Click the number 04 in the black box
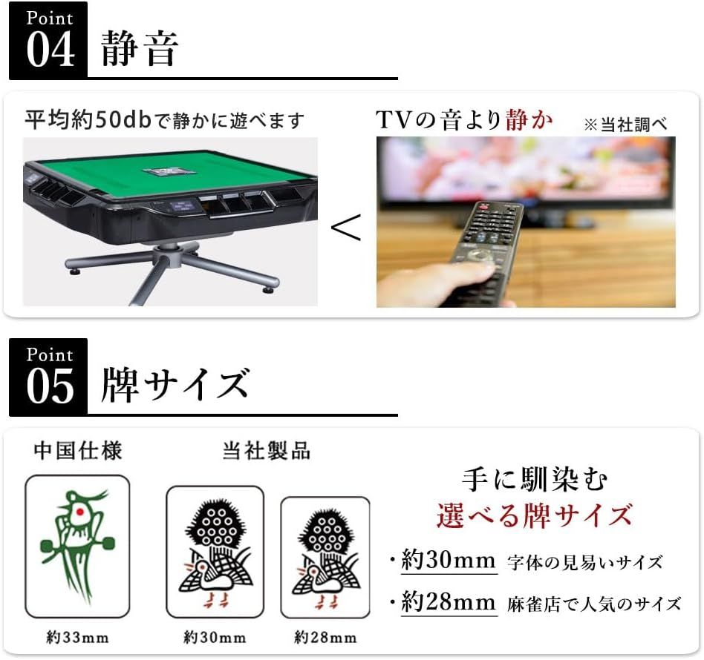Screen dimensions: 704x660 point(50,50)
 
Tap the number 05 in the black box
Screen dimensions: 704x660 point(50,386)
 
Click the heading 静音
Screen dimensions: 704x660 point(140,48)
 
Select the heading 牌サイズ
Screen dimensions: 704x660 point(175,384)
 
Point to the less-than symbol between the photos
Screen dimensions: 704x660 point(346,227)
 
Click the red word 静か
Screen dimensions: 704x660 point(529,119)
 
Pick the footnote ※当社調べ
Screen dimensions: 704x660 point(625,124)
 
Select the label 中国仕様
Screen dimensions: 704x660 point(78,450)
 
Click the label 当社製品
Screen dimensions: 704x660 point(267,450)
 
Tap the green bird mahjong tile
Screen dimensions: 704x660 point(77,547)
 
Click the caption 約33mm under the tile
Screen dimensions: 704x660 point(78,637)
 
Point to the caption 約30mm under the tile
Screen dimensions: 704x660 point(215,637)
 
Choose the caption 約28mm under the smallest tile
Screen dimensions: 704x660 point(325,637)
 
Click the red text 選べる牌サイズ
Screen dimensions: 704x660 point(534,515)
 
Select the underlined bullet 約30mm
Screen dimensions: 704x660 point(449,560)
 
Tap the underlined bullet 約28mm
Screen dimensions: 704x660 point(449,601)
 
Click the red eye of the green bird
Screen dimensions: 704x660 point(81,512)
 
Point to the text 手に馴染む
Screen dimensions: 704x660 point(534,480)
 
